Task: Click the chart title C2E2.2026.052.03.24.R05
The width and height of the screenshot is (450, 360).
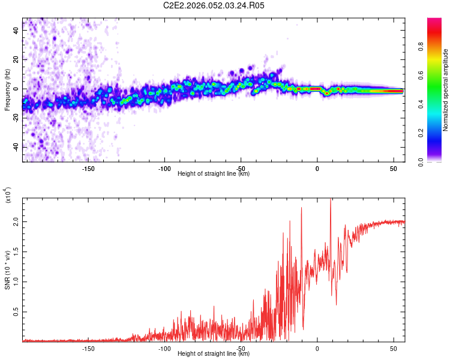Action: click(x=214, y=5)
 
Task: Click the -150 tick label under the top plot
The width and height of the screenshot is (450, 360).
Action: click(x=88, y=168)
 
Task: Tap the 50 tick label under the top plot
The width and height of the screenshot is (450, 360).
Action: click(x=393, y=168)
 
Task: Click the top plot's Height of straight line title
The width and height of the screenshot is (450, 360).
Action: click(x=214, y=174)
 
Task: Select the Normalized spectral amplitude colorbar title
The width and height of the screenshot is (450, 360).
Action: click(x=446, y=90)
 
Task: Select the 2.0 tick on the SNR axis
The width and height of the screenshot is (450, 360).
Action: click(x=16, y=222)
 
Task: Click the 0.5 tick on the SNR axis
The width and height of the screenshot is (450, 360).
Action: click(x=16, y=313)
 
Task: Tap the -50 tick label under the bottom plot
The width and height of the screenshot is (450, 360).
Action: click(x=241, y=348)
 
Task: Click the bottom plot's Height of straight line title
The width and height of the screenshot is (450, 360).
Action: click(x=214, y=354)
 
